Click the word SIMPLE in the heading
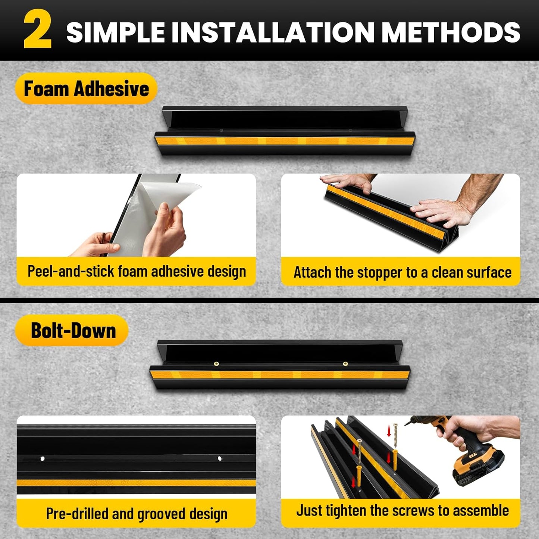pyautogui.click(x=116, y=32)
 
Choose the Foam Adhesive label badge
pyautogui.click(x=86, y=89)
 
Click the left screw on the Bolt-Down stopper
pyautogui.click(x=216, y=364)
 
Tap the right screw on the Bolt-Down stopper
pyautogui.click(x=345, y=363)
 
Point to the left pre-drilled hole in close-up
pyautogui.click(x=43, y=458)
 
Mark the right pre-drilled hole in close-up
pyautogui.click(x=219, y=458)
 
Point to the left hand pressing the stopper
pyautogui.click(x=347, y=183)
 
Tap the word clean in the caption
pyautogui.click(x=448, y=272)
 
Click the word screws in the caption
pyautogui.click(x=416, y=511)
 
